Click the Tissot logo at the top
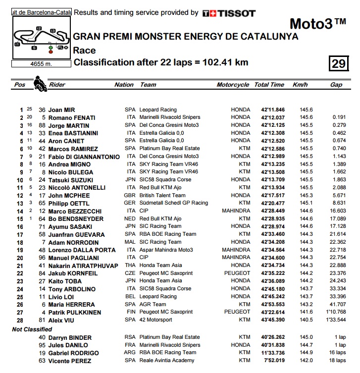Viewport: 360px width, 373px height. (229, 13)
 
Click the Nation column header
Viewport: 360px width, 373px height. (124, 85)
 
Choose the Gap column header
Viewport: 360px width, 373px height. (336, 85)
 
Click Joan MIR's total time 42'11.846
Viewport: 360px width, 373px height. (269, 110)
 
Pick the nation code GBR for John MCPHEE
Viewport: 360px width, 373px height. (130, 195)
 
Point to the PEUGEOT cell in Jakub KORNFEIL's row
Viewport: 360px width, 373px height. (237, 273)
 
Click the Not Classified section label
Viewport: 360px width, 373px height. (32, 329)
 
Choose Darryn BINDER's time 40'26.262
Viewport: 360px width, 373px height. (269, 337)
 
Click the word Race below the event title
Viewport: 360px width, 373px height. (84, 50)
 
